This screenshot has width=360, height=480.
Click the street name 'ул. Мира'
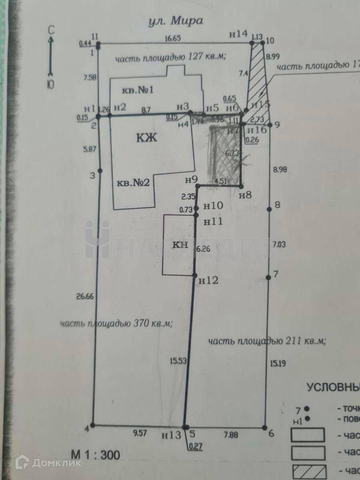[x=174, y=21]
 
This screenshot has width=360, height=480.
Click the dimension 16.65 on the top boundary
[x=173, y=38]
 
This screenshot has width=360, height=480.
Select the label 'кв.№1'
[x=138, y=91]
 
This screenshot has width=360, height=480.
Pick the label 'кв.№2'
[x=133, y=183]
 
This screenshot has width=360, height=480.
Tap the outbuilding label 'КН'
[x=180, y=245]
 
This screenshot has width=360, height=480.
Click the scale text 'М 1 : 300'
[x=94, y=455]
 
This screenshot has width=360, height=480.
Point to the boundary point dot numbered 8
[x=269, y=208]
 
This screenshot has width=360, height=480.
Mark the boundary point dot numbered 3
[x=100, y=171]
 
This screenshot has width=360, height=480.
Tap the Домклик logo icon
[x=22, y=462]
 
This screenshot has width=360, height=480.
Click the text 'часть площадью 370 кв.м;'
[x=116, y=324]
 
